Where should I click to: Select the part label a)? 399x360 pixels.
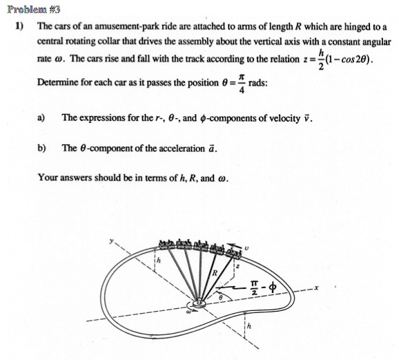(x=41, y=117)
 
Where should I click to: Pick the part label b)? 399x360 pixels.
(x=41, y=148)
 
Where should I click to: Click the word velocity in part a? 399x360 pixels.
(x=284, y=117)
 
